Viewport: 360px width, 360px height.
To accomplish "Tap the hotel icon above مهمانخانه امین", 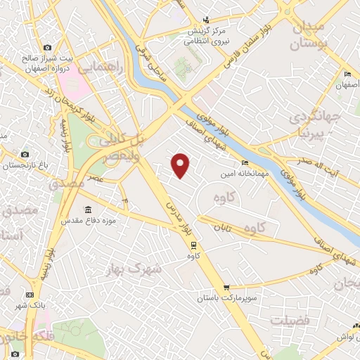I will (245, 163).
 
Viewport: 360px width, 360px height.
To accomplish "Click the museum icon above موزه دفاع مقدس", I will (87, 210).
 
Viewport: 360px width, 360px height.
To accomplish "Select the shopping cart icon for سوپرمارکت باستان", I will (226, 288).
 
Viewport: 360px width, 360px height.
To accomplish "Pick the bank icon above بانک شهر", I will (30, 295).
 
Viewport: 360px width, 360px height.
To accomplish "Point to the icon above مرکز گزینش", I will (205, 20).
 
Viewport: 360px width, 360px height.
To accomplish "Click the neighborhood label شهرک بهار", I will (134, 269).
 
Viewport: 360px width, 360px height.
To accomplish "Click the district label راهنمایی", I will (100, 68).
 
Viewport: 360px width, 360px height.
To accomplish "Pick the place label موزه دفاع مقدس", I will (87, 221).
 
